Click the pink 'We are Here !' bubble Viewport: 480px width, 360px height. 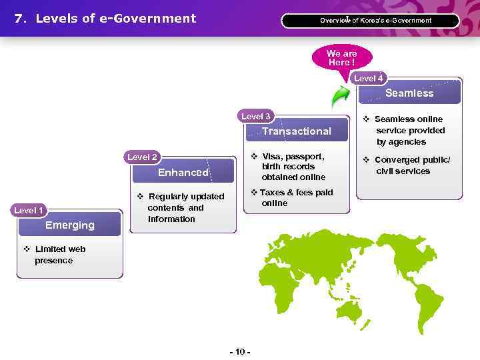tap(341, 58)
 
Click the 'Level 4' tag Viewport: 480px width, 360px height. tap(368, 79)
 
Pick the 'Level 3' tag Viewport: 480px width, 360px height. tap(256, 117)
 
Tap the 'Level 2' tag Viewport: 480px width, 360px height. tap(143, 157)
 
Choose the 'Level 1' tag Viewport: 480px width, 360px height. tap(29, 210)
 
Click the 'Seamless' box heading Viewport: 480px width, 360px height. tap(409, 93)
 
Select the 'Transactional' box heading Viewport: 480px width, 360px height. tap(296, 131)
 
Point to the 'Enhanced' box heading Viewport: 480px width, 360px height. tap(183, 173)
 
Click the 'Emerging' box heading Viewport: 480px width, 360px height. tap(70, 225)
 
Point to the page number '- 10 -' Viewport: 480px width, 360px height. tap(239, 351)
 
